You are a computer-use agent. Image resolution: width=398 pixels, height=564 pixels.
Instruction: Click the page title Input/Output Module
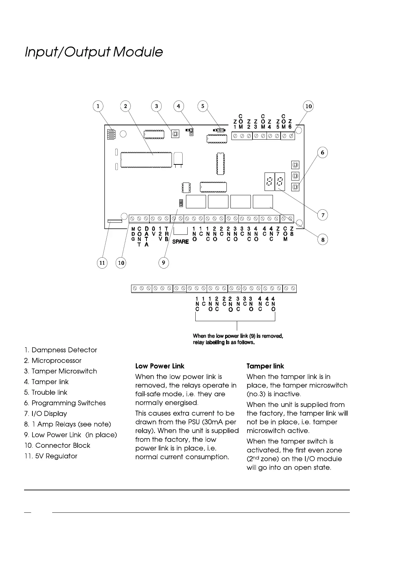click(94, 52)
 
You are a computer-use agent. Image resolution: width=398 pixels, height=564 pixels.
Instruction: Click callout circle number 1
click(98, 106)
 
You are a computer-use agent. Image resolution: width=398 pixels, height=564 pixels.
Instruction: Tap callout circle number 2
click(125, 106)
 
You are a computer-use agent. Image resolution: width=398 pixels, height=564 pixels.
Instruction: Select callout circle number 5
click(203, 106)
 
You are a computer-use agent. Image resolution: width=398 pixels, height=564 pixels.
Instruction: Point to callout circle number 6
click(322, 152)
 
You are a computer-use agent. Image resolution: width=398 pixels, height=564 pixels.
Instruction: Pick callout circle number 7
click(322, 215)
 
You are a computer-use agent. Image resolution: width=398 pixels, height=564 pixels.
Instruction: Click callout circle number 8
click(322, 240)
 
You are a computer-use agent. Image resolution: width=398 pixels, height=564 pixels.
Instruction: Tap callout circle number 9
click(163, 263)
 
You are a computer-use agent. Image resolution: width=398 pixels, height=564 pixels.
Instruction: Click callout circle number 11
click(102, 263)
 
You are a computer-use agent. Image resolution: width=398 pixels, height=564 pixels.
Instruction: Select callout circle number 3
click(156, 106)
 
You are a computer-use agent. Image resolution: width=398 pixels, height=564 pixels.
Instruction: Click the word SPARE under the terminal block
click(180, 241)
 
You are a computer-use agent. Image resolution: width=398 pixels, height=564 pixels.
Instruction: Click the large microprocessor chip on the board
click(146, 159)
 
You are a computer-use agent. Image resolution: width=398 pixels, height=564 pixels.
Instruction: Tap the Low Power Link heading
click(160, 366)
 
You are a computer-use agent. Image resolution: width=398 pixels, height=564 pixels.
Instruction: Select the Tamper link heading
click(265, 366)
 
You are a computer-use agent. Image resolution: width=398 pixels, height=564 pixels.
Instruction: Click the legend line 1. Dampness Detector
click(61, 350)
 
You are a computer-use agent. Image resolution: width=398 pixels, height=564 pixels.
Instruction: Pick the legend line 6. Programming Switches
click(65, 403)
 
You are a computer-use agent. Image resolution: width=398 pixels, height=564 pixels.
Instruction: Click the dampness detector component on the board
click(111, 134)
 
